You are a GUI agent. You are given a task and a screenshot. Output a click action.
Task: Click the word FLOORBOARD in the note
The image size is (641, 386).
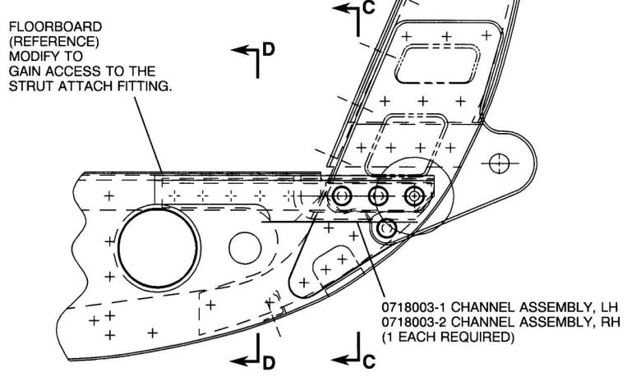tap(55, 27)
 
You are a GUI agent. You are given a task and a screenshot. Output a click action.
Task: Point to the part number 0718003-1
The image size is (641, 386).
tap(414, 307)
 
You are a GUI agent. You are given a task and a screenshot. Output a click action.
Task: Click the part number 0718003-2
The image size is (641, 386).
tap(414, 322)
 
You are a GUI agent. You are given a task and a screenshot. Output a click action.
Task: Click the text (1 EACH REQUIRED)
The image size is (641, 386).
tap(448, 338)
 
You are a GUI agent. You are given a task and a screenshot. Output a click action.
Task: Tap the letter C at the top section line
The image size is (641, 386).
tap(368, 7)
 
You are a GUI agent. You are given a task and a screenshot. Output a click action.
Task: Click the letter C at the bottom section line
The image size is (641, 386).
tap(369, 361)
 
